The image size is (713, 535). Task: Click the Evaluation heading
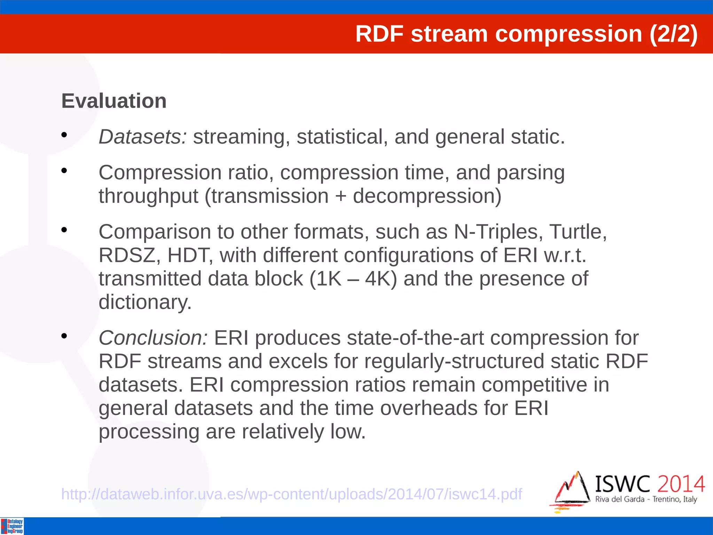coord(114,101)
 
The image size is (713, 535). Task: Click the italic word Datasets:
coord(143,137)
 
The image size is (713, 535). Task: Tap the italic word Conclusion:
coord(153,338)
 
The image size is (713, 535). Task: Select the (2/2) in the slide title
coord(673,34)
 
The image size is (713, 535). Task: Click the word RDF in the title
coord(379,34)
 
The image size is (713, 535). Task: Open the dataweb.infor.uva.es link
coord(291,494)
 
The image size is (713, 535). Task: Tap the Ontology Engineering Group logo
coord(12,526)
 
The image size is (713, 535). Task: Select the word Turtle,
coord(578,232)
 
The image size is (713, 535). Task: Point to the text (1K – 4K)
coord(353,279)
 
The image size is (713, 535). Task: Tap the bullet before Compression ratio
coord(64,171)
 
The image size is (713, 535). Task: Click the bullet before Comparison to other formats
coord(64,230)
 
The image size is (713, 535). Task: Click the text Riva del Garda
coord(620,499)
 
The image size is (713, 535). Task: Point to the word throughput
coord(148,196)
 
